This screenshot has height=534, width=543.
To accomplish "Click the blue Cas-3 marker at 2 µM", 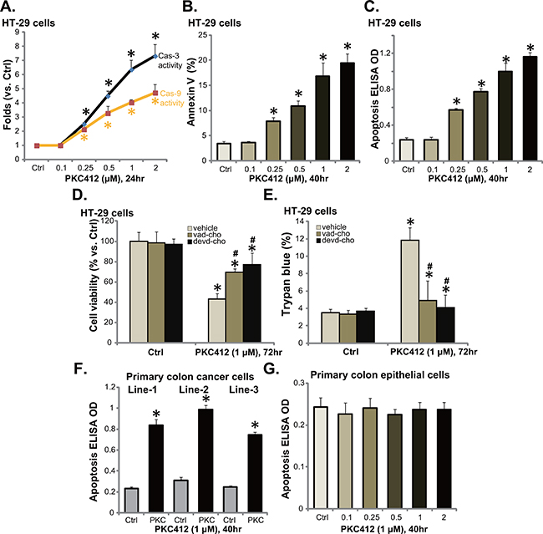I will pos(156,56).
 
